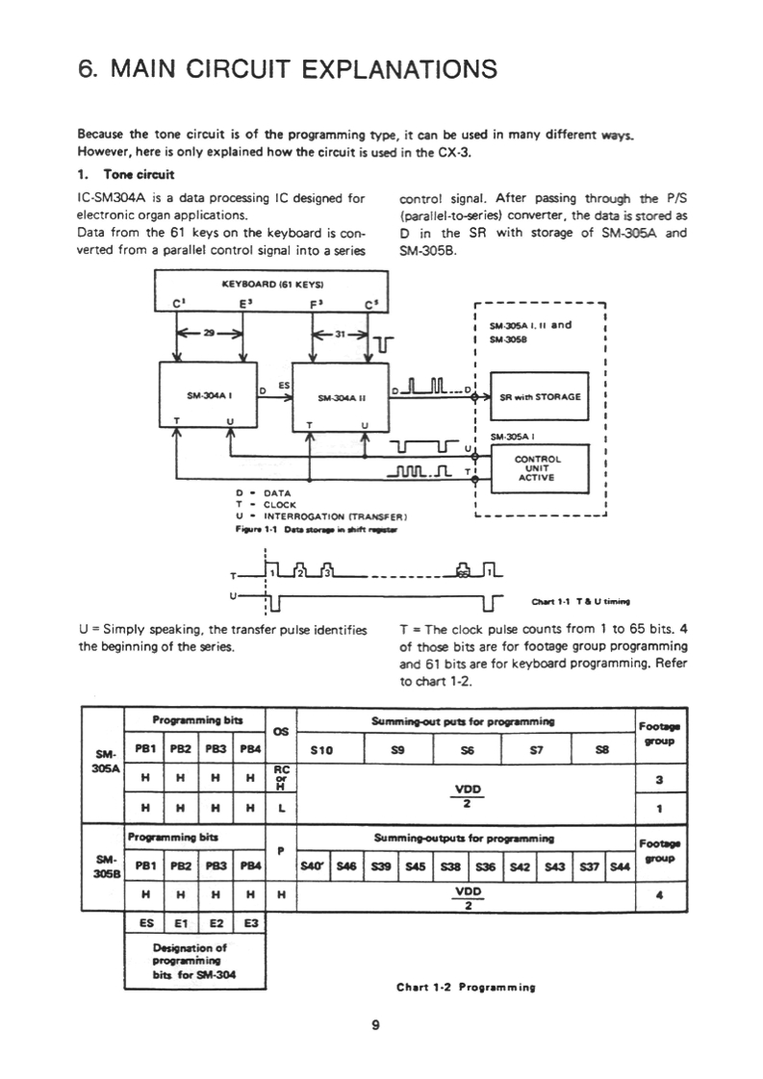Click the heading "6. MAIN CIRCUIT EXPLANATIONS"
pos(288,69)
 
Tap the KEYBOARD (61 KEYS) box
pos(272,285)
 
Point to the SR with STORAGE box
pos(538,395)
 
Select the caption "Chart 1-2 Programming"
pos(465,987)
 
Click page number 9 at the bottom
pos(375,1024)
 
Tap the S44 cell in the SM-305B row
pos(621,865)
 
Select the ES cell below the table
pos(142,920)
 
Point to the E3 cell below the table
pos(250,920)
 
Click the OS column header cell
pos(282,731)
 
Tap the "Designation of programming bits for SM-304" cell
pos(195,960)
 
